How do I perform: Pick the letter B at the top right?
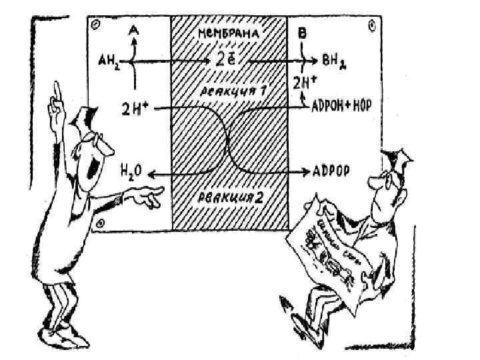[x=303, y=31]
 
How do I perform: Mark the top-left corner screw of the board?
[x=96, y=24]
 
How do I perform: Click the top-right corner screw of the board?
[x=371, y=25]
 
